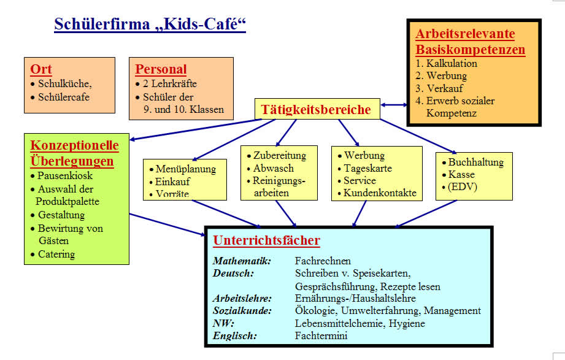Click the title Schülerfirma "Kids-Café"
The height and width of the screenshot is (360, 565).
[150, 25]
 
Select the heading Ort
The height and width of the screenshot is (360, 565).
[41, 69]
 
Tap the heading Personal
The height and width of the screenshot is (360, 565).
[161, 69]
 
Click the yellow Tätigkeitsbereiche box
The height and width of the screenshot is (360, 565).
[317, 109]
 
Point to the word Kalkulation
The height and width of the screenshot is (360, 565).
[452, 63]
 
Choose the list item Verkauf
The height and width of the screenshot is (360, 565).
[445, 88]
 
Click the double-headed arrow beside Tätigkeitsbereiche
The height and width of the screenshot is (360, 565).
[393, 105]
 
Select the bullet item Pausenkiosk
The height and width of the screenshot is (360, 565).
[65, 175]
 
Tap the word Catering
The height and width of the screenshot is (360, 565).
[56, 255]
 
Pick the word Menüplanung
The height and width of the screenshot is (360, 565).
[185, 169]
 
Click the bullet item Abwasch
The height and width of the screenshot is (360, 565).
[273, 168]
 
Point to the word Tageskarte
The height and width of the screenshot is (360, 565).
[367, 168]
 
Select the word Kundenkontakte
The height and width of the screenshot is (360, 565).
[380, 193]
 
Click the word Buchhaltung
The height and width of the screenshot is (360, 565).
[475, 162]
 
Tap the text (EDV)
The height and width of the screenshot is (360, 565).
[463, 186]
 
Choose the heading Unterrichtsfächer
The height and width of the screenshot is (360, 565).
[266, 240]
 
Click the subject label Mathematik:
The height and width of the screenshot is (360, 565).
[242, 261]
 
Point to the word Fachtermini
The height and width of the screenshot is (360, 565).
[321, 336]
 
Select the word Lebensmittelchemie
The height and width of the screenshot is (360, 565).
[339, 323]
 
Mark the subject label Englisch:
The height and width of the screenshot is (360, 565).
[234, 336]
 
